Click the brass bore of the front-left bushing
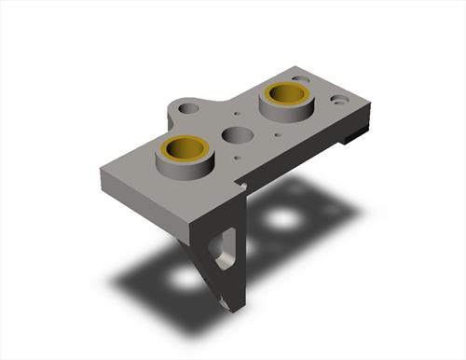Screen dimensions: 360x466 pos(185,149)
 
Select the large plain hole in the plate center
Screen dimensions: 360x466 pos(235,135)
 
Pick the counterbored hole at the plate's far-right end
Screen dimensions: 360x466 pos(337,97)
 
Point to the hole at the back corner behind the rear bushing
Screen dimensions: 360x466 pos(300,80)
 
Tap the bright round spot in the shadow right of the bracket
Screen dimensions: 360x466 pos(281,220)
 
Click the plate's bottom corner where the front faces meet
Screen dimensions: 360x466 pos(192,225)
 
